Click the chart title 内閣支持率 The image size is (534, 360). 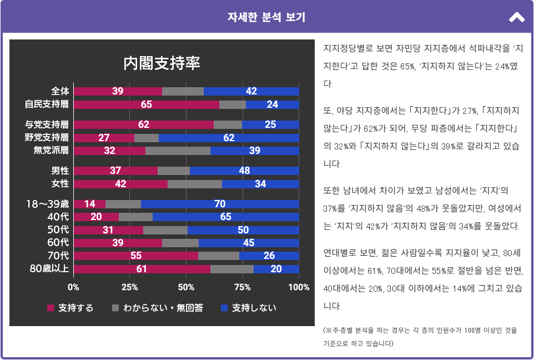point(162,63)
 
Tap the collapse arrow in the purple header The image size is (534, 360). point(516,17)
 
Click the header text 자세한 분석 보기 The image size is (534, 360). point(266,17)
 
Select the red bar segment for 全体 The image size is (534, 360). point(118,91)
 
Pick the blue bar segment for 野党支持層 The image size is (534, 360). point(229,138)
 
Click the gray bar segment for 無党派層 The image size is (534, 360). point(178,151)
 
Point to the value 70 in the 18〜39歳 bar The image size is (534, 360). point(220,204)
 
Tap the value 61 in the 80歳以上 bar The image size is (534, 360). point(142,269)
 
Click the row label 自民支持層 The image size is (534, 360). point(47,104)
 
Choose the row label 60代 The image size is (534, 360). point(58,243)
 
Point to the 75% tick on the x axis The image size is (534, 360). point(242,287)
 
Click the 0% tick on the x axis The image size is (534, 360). point(73,287)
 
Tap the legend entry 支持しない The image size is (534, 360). point(254,308)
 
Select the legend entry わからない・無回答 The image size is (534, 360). point(163,308)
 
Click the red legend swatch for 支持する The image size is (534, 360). point(51,308)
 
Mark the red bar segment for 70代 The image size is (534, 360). point(135,256)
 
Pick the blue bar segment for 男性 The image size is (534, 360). point(244,171)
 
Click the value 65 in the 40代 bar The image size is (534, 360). point(225,217)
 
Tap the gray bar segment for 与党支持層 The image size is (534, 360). point(228,124)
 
